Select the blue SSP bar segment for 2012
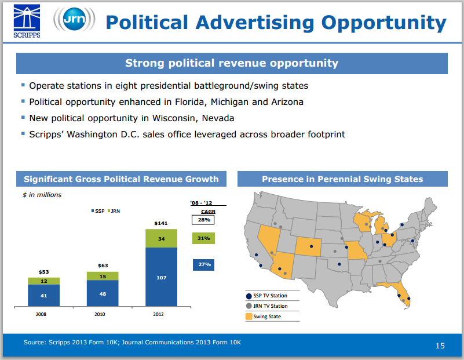pos(162,278)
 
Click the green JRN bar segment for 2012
pos(162,239)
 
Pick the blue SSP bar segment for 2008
pos(44,295)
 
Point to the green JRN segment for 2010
pos(103,276)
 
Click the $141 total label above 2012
pos(161,223)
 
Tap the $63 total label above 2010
pos(103,266)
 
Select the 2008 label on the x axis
pos(41,314)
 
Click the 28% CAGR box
pos(203,220)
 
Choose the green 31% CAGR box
pos(203,238)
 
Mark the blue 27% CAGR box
pos(203,264)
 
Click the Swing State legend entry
pos(267,317)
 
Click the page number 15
pos(440,346)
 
